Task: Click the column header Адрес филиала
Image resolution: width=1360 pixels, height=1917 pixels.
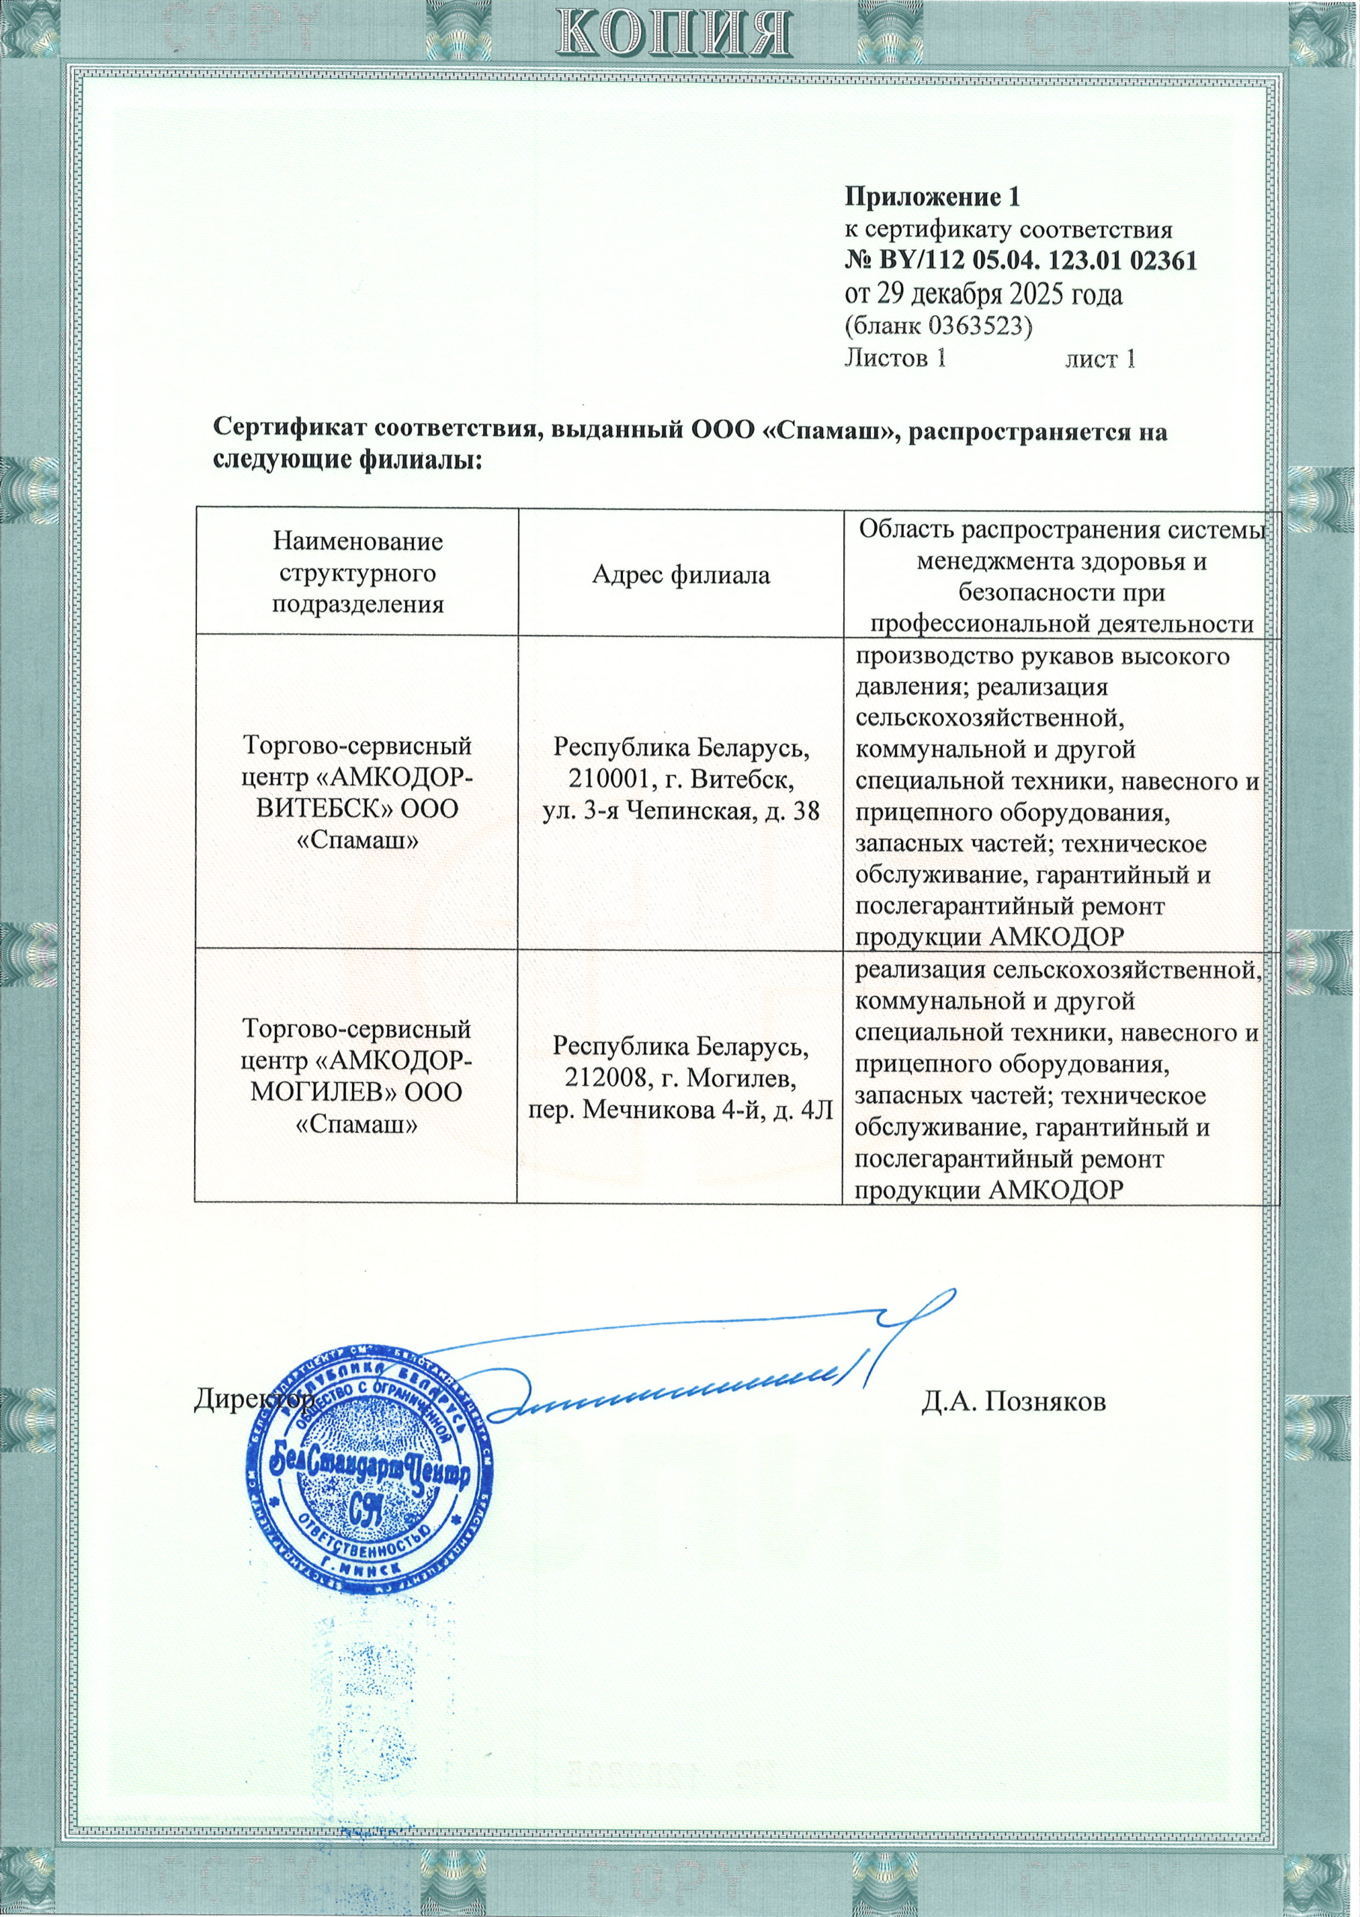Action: point(680,574)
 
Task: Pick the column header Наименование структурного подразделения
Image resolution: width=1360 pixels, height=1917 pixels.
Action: point(356,574)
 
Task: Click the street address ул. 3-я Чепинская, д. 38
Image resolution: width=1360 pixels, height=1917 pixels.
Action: point(680,811)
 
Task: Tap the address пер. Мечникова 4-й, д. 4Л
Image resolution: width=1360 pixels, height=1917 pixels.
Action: point(680,1110)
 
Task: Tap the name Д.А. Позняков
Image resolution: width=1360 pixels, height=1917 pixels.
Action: point(1013,1400)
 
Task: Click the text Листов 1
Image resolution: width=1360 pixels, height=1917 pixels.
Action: point(895,358)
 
